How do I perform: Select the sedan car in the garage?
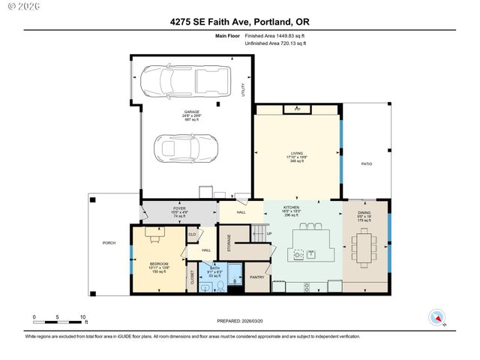pyautogui.click(x=184, y=148)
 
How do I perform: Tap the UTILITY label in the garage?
pyautogui.click(x=243, y=89)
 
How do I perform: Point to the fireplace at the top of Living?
pyautogui.click(x=297, y=109)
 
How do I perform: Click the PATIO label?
pyautogui.click(x=367, y=163)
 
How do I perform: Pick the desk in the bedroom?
pyautogui.click(x=154, y=236)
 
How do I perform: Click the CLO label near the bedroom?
pyautogui.click(x=192, y=235)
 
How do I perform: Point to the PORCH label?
pyautogui.click(x=108, y=244)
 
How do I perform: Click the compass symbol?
pyautogui.click(x=436, y=318)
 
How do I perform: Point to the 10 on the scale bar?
pyautogui.click(x=82, y=317)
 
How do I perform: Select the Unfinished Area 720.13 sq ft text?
pyautogui.click(x=276, y=43)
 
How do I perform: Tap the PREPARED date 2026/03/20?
pyautogui.click(x=240, y=319)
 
